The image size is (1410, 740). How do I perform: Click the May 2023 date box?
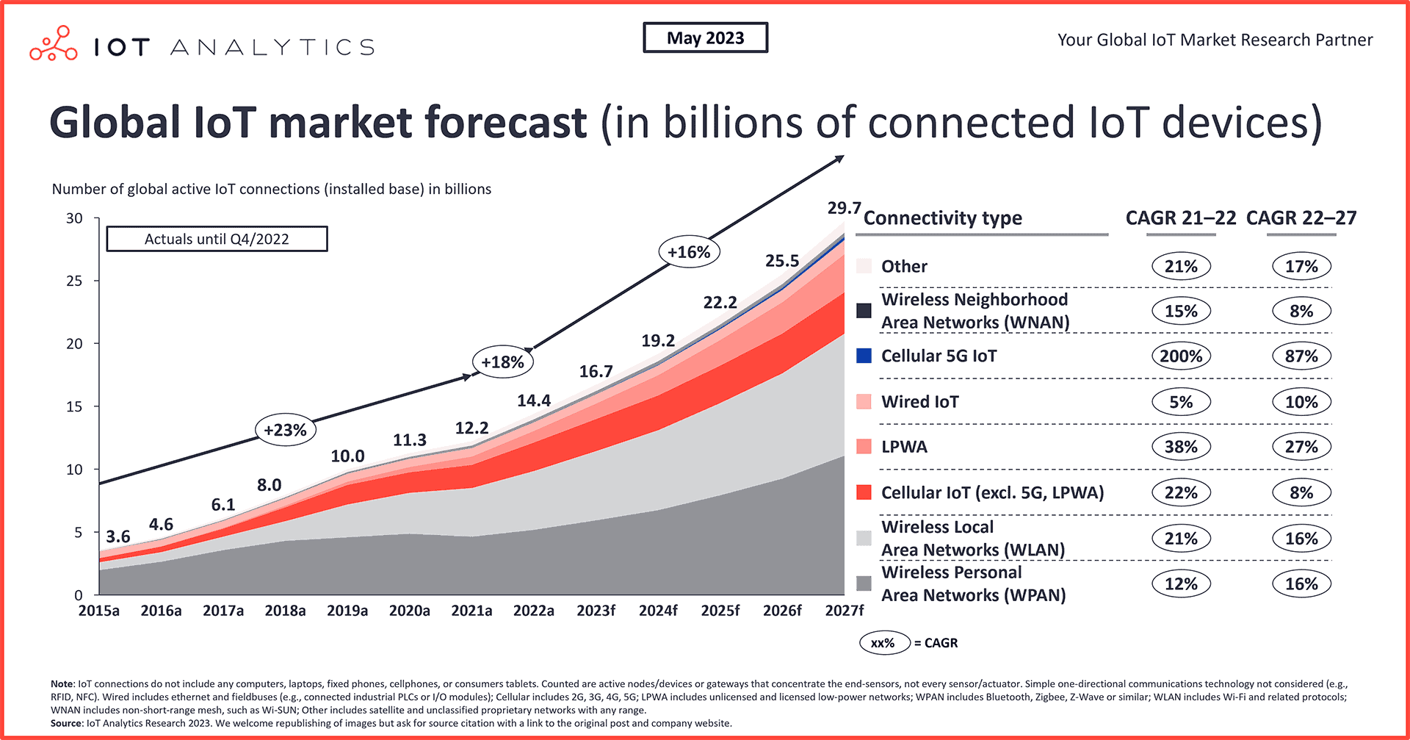click(705, 38)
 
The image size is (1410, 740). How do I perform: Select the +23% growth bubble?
click(285, 430)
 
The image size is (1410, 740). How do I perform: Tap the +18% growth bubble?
click(502, 362)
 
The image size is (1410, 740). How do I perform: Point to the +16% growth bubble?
click(689, 252)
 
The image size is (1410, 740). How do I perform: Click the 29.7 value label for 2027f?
click(843, 208)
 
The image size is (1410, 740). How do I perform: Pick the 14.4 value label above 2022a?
click(534, 400)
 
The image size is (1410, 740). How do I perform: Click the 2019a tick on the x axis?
click(347, 611)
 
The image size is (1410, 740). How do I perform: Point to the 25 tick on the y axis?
click(74, 281)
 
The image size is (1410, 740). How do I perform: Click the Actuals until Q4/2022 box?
click(217, 239)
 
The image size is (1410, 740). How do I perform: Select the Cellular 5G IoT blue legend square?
click(864, 356)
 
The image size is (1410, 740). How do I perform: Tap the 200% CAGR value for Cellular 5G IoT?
click(1181, 356)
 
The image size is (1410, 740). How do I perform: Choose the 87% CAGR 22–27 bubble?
click(1301, 356)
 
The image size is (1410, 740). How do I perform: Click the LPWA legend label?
click(904, 447)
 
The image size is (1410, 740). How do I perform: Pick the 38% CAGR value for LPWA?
click(1181, 447)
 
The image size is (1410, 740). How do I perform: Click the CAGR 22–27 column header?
click(1301, 218)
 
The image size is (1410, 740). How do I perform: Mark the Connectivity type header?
click(943, 218)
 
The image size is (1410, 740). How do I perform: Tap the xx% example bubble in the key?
click(884, 643)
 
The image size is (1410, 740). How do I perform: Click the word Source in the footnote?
click(67, 723)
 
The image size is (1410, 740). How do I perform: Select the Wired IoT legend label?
click(919, 402)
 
